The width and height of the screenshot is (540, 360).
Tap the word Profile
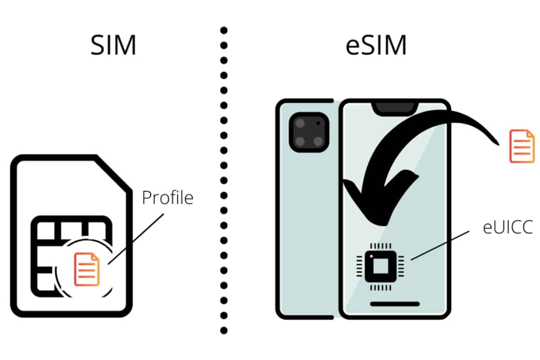(x=167, y=198)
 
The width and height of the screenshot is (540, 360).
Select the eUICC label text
(x=508, y=228)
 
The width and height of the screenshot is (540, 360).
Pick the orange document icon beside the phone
(x=522, y=146)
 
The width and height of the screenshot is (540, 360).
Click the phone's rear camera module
(x=308, y=132)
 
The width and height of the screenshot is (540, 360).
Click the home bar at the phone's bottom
(x=395, y=304)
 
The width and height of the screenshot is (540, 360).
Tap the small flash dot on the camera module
(x=319, y=122)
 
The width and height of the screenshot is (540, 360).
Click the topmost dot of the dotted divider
(x=224, y=31)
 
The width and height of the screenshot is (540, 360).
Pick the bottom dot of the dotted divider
(x=224, y=331)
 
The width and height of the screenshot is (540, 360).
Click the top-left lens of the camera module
(x=299, y=124)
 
